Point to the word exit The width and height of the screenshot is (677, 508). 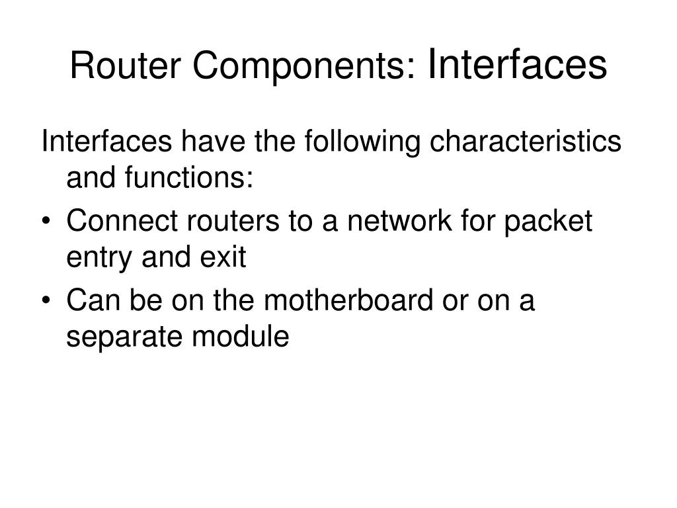(223, 258)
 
